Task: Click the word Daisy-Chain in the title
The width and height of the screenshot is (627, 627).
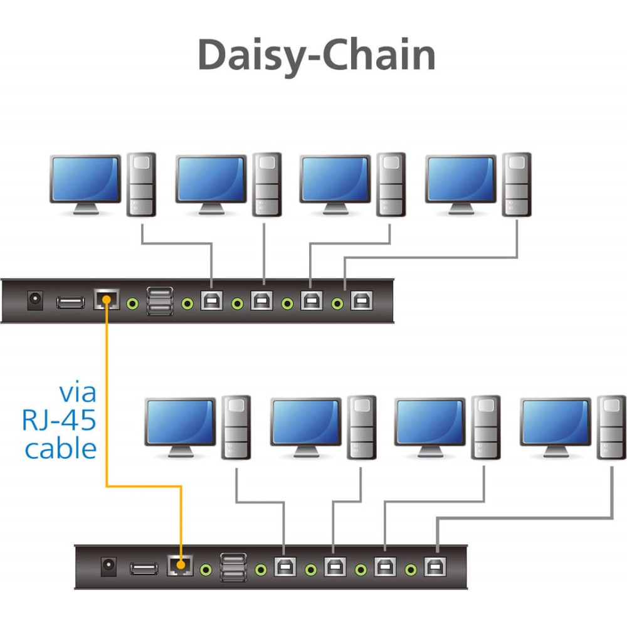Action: (x=316, y=56)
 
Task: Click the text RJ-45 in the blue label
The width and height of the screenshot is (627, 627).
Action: (x=59, y=420)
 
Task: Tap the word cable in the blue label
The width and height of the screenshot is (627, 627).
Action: (x=61, y=448)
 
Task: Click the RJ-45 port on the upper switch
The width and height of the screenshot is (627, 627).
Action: (x=107, y=300)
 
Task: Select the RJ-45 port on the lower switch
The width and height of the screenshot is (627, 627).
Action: (x=180, y=565)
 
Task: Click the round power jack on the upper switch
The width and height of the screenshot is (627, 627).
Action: (x=35, y=300)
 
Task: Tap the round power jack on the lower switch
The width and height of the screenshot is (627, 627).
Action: (x=108, y=566)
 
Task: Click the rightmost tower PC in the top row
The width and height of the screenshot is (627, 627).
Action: (x=517, y=184)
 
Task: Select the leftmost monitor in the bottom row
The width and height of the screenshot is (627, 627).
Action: (x=181, y=428)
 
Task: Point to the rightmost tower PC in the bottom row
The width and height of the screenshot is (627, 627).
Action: (x=611, y=427)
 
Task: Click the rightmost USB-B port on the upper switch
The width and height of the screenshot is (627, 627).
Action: (x=362, y=300)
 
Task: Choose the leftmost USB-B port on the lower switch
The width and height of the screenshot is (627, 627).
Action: (x=285, y=566)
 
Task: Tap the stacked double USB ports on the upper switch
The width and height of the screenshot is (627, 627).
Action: (x=160, y=301)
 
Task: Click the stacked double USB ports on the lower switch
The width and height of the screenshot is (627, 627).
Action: (x=233, y=567)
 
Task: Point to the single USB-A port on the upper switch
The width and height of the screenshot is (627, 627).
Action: (x=70, y=302)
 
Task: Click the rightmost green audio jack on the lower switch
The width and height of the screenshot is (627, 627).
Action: (x=411, y=569)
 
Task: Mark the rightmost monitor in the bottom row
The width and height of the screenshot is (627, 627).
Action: (x=556, y=428)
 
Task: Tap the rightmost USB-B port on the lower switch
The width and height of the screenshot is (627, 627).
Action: (x=436, y=566)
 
